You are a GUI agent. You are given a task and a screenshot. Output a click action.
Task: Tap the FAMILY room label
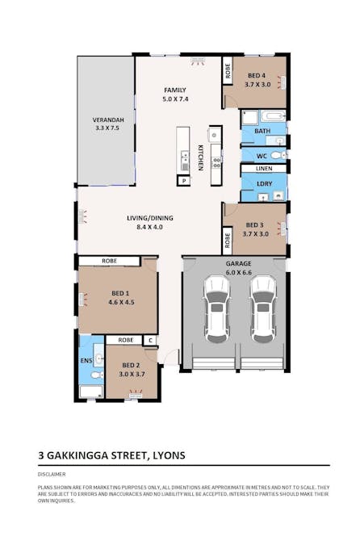click(175, 90)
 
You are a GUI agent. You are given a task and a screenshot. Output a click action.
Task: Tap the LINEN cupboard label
click(263, 168)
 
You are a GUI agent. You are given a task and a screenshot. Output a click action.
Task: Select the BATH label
click(262, 130)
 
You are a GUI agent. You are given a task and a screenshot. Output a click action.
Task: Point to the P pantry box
click(184, 182)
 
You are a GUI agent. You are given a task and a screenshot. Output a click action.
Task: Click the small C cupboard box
click(149, 341)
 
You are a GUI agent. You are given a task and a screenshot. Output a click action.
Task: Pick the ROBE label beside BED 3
click(228, 239)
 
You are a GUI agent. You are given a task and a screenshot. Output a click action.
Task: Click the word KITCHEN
click(200, 156)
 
